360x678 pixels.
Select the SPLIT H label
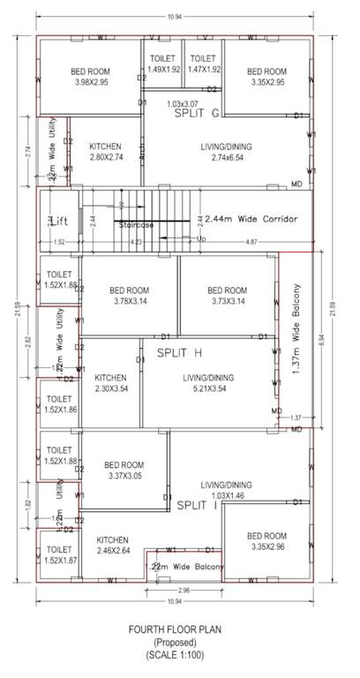click(180, 352)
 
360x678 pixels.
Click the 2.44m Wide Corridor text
click(251, 218)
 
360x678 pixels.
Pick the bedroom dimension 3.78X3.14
click(129, 301)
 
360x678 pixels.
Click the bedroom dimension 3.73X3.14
click(226, 301)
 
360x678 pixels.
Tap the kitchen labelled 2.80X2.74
click(110, 155)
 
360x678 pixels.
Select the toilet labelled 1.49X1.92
click(163, 68)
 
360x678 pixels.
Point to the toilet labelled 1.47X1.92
click(203, 68)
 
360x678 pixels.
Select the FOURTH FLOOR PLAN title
click(179, 630)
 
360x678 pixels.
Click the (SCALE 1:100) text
click(179, 656)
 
